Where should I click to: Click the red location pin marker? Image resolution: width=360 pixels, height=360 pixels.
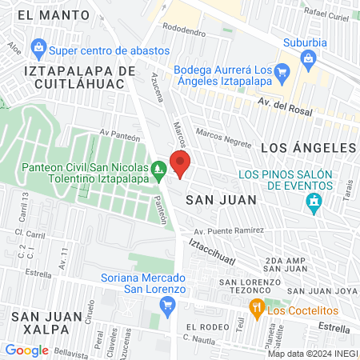(x=181, y=166)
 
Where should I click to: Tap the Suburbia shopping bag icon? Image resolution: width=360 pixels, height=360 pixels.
(x=309, y=58)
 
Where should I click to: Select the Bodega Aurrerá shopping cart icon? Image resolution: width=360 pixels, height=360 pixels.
(x=281, y=74)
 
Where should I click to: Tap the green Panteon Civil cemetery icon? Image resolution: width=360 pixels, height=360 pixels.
(x=159, y=169)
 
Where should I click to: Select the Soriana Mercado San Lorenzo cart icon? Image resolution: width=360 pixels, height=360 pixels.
(x=167, y=304)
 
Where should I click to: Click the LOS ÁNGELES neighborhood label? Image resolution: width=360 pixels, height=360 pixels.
(x=308, y=148)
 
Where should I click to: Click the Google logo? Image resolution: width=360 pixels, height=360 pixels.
(x=27, y=349)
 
